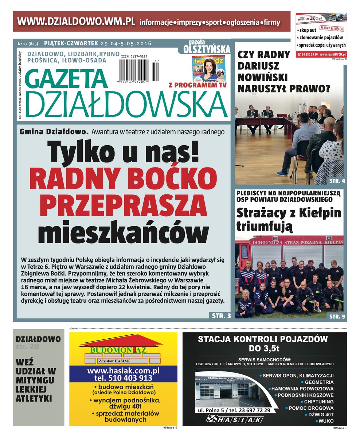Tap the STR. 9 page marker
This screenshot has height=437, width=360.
(x=337, y=316)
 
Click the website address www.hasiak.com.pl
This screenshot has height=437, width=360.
(x=124, y=371)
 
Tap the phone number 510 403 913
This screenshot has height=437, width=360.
(x=123, y=378)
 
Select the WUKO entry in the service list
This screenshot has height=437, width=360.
(x=326, y=421)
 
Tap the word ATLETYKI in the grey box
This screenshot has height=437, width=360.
(x=34, y=398)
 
